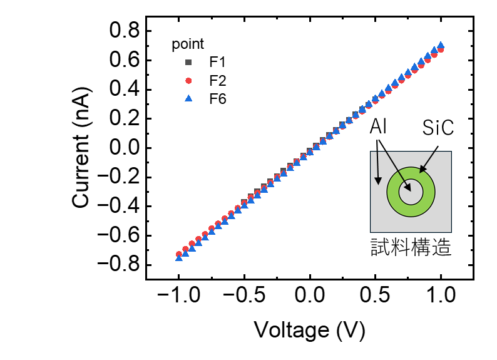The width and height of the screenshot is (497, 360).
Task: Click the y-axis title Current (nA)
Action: [x=81, y=147]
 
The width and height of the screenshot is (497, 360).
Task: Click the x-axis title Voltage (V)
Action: [x=310, y=330]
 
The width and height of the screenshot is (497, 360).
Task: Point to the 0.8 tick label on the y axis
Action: [x=124, y=31]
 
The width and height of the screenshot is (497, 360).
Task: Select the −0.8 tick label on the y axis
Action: [x=119, y=264]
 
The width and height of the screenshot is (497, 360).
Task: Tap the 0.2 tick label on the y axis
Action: [x=124, y=118]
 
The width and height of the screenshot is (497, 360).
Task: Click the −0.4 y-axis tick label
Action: [x=119, y=206]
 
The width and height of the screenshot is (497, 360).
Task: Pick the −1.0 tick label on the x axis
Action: [x=179, y=295]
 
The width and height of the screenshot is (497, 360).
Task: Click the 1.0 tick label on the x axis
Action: [x=441, y=295]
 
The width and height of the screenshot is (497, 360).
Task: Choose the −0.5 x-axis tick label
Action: [x=244, y=295]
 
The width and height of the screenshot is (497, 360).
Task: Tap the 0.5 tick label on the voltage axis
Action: [x=375, y=295]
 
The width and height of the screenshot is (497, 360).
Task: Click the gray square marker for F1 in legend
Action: [x=188, y=63]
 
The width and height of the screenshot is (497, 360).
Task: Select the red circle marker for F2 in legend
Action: [x=188, y=81]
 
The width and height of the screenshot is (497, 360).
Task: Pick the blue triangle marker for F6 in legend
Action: [x=188, y=98]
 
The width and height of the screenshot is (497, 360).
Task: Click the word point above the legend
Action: [x=188, y=44]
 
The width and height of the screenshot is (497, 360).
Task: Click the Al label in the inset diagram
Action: [x=378, y=126]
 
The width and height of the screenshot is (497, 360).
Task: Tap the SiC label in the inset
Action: [x=438, y=128]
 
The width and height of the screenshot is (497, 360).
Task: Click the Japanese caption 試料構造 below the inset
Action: [x=411, y=247]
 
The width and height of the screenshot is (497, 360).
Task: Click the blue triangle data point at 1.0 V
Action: [x=441, y=45]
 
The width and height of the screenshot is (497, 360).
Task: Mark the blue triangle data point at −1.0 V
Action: [x=179, y=258]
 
